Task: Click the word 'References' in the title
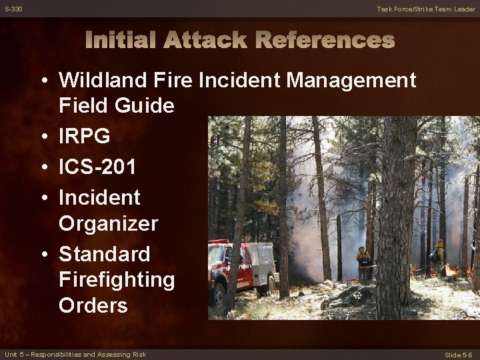pos(325,41)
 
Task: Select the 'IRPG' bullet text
pos(85,137)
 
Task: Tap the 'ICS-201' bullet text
pos(97,167)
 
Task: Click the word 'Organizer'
pos(108,223)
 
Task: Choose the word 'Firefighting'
pos(117,280)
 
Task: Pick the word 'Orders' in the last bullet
pos(93,305)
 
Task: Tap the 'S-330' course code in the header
pos(13,9)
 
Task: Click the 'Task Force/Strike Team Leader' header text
pos(426,9)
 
